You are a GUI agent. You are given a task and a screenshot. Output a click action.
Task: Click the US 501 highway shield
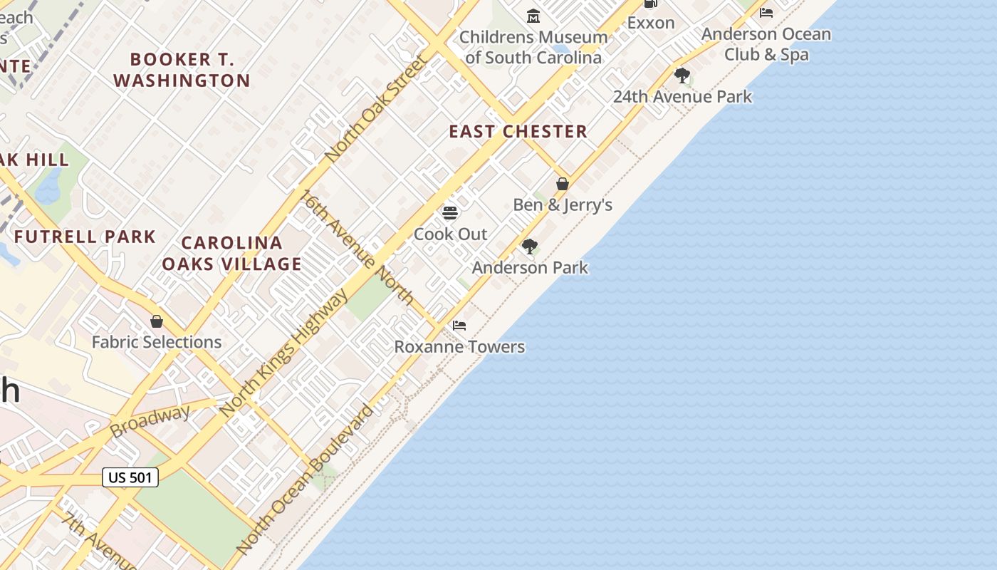click(x=130, y=477)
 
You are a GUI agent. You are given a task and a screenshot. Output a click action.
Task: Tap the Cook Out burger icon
click(x=449, y=212)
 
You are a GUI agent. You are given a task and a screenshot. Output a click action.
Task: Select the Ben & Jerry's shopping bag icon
click(x=563, y=184)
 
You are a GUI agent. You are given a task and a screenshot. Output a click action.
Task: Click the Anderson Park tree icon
click(x=529, y=247)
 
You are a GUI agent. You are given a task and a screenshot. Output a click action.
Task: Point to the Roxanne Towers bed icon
click(x=459, y=326)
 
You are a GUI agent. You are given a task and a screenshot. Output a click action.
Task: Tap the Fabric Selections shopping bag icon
click(x=157, y=321)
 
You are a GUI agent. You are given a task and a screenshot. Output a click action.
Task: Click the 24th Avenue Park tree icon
click(x=682, y=75)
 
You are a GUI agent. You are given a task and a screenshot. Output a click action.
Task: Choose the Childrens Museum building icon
click(x=533, y=16)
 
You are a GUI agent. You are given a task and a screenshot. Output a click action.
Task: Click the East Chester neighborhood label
click(x=518, y=131)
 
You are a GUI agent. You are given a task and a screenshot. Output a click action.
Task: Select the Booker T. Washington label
click(x=182, y=70)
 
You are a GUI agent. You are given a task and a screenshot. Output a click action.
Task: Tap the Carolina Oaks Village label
click(x=231, y=254)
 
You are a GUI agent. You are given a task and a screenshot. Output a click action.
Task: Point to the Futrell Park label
click(x=85, y=237)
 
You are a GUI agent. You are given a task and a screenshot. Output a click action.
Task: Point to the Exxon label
click(x=650, y=23)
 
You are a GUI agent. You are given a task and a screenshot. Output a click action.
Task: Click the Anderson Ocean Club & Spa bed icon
click(x=766, y=13)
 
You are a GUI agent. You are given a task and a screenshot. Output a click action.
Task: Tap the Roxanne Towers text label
click(x=459, y=347)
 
